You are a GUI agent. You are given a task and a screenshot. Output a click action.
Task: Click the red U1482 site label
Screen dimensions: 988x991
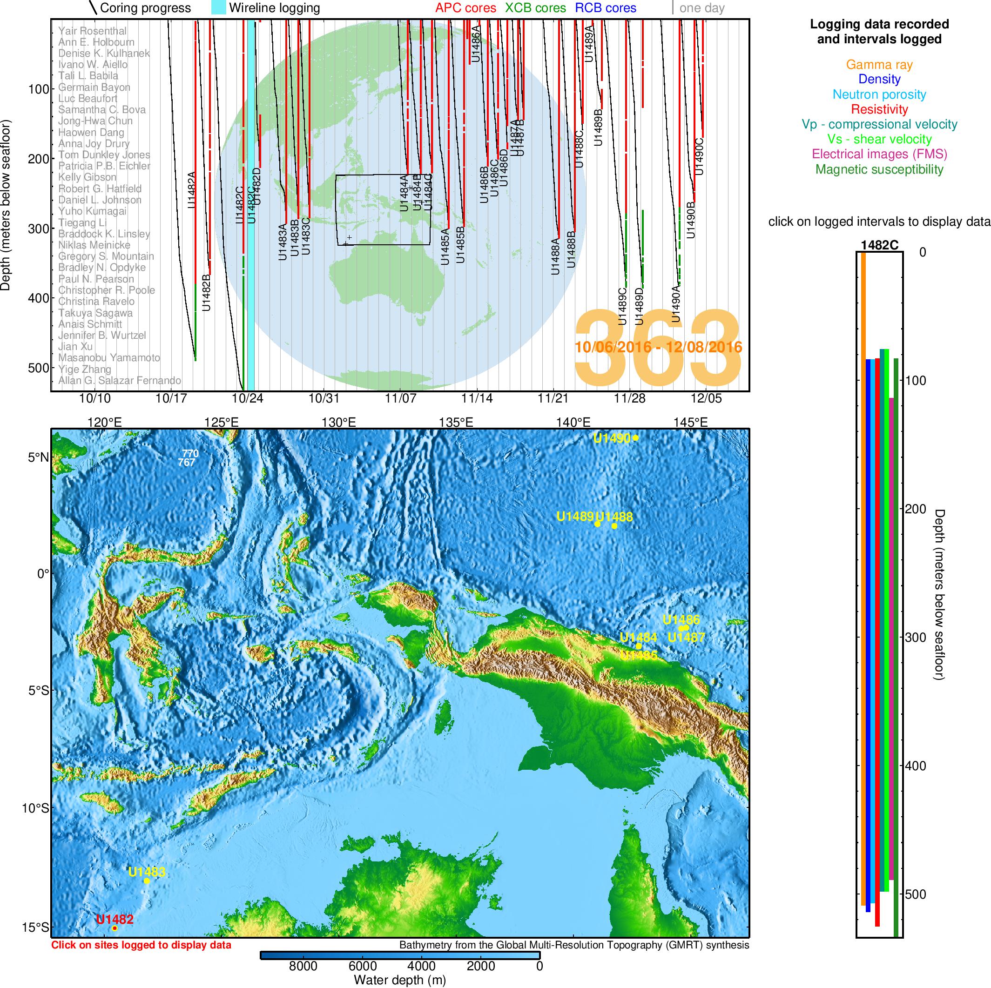click(115, 919)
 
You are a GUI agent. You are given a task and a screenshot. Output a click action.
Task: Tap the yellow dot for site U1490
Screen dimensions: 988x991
click(635, 438)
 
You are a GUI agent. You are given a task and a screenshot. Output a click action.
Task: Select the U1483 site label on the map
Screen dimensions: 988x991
click(147, 872)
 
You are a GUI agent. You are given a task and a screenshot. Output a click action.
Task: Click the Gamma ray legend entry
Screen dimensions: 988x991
click(879, 65)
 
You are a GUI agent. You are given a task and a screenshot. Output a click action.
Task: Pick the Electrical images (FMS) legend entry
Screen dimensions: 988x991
click(879, 154)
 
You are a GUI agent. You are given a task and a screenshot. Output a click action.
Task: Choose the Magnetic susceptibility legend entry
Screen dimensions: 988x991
click(879, 169)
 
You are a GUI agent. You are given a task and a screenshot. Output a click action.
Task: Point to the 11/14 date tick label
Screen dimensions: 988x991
click(477, 398)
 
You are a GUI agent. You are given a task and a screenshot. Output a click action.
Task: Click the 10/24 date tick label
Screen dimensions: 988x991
click(247, 398)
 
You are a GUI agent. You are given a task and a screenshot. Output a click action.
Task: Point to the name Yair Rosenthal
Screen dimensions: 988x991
click(92, 31)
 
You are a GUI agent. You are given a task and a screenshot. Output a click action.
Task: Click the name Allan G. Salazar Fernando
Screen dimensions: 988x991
click(120, 380)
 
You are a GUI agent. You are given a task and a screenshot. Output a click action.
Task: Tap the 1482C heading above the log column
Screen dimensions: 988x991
click(879, 245)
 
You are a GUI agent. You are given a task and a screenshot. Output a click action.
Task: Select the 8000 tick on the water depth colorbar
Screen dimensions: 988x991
click(303, 966)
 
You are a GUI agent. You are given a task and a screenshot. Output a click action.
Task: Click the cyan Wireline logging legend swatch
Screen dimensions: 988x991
click(218, 8)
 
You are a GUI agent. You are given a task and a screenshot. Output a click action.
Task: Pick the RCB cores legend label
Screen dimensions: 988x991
click(605, 8)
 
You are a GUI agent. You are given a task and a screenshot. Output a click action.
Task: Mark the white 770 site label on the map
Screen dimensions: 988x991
click(190, 453)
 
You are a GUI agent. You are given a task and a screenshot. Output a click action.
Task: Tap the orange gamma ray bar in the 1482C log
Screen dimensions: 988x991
click(863, 564)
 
